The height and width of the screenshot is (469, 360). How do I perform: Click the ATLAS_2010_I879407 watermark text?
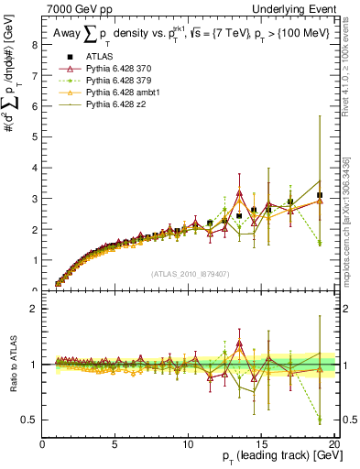[190, 273]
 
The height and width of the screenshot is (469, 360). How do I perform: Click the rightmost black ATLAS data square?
[320, 195]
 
